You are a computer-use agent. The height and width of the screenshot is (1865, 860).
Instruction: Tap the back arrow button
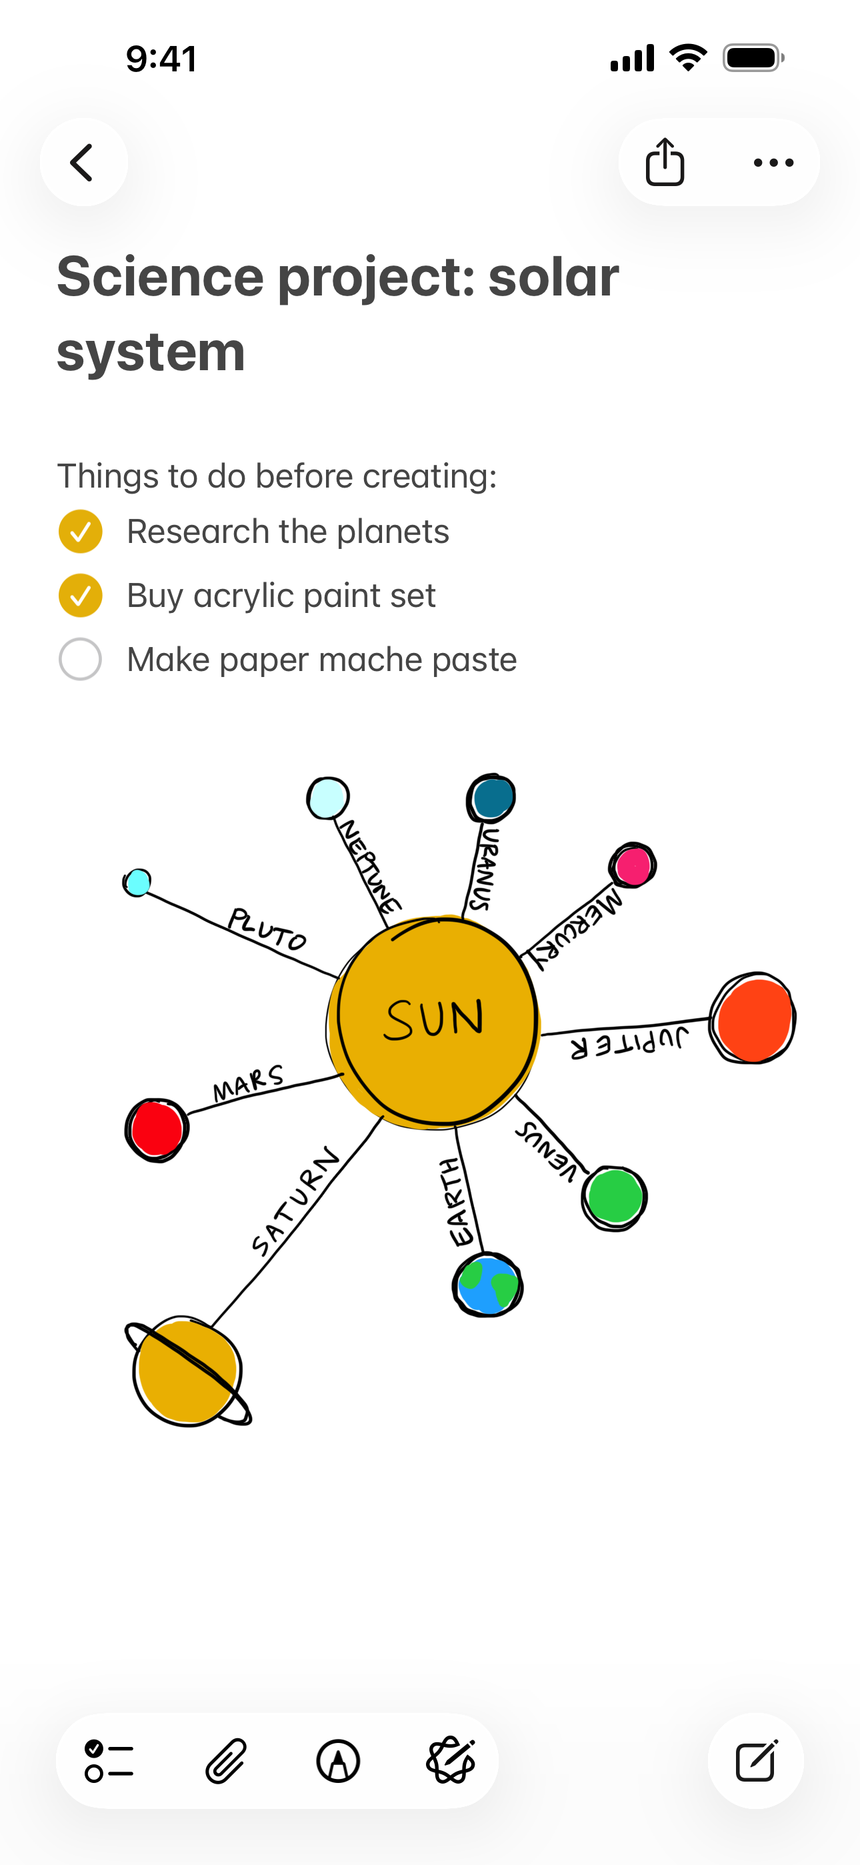83,162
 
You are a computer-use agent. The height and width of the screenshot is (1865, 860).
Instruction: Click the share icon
665,162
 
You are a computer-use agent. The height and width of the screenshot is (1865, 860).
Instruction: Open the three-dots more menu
773,163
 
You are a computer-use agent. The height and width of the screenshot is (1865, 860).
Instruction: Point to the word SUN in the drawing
433,1019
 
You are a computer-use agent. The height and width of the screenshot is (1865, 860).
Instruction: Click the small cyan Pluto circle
137,882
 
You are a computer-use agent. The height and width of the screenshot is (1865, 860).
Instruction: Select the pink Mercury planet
633,865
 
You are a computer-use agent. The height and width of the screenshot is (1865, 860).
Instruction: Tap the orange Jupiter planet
753,1019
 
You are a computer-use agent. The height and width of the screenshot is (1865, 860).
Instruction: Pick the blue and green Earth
488,1285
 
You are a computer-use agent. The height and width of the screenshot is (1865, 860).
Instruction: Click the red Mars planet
157,1129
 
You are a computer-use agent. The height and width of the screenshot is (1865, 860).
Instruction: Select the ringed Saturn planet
188,1371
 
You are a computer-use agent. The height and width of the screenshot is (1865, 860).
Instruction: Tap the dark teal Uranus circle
491,798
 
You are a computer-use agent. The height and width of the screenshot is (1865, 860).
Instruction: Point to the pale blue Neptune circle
328,798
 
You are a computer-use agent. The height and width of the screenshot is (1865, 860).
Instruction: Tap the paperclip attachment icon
226,1761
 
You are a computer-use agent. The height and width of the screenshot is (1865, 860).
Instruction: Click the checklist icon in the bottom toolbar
109,1761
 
